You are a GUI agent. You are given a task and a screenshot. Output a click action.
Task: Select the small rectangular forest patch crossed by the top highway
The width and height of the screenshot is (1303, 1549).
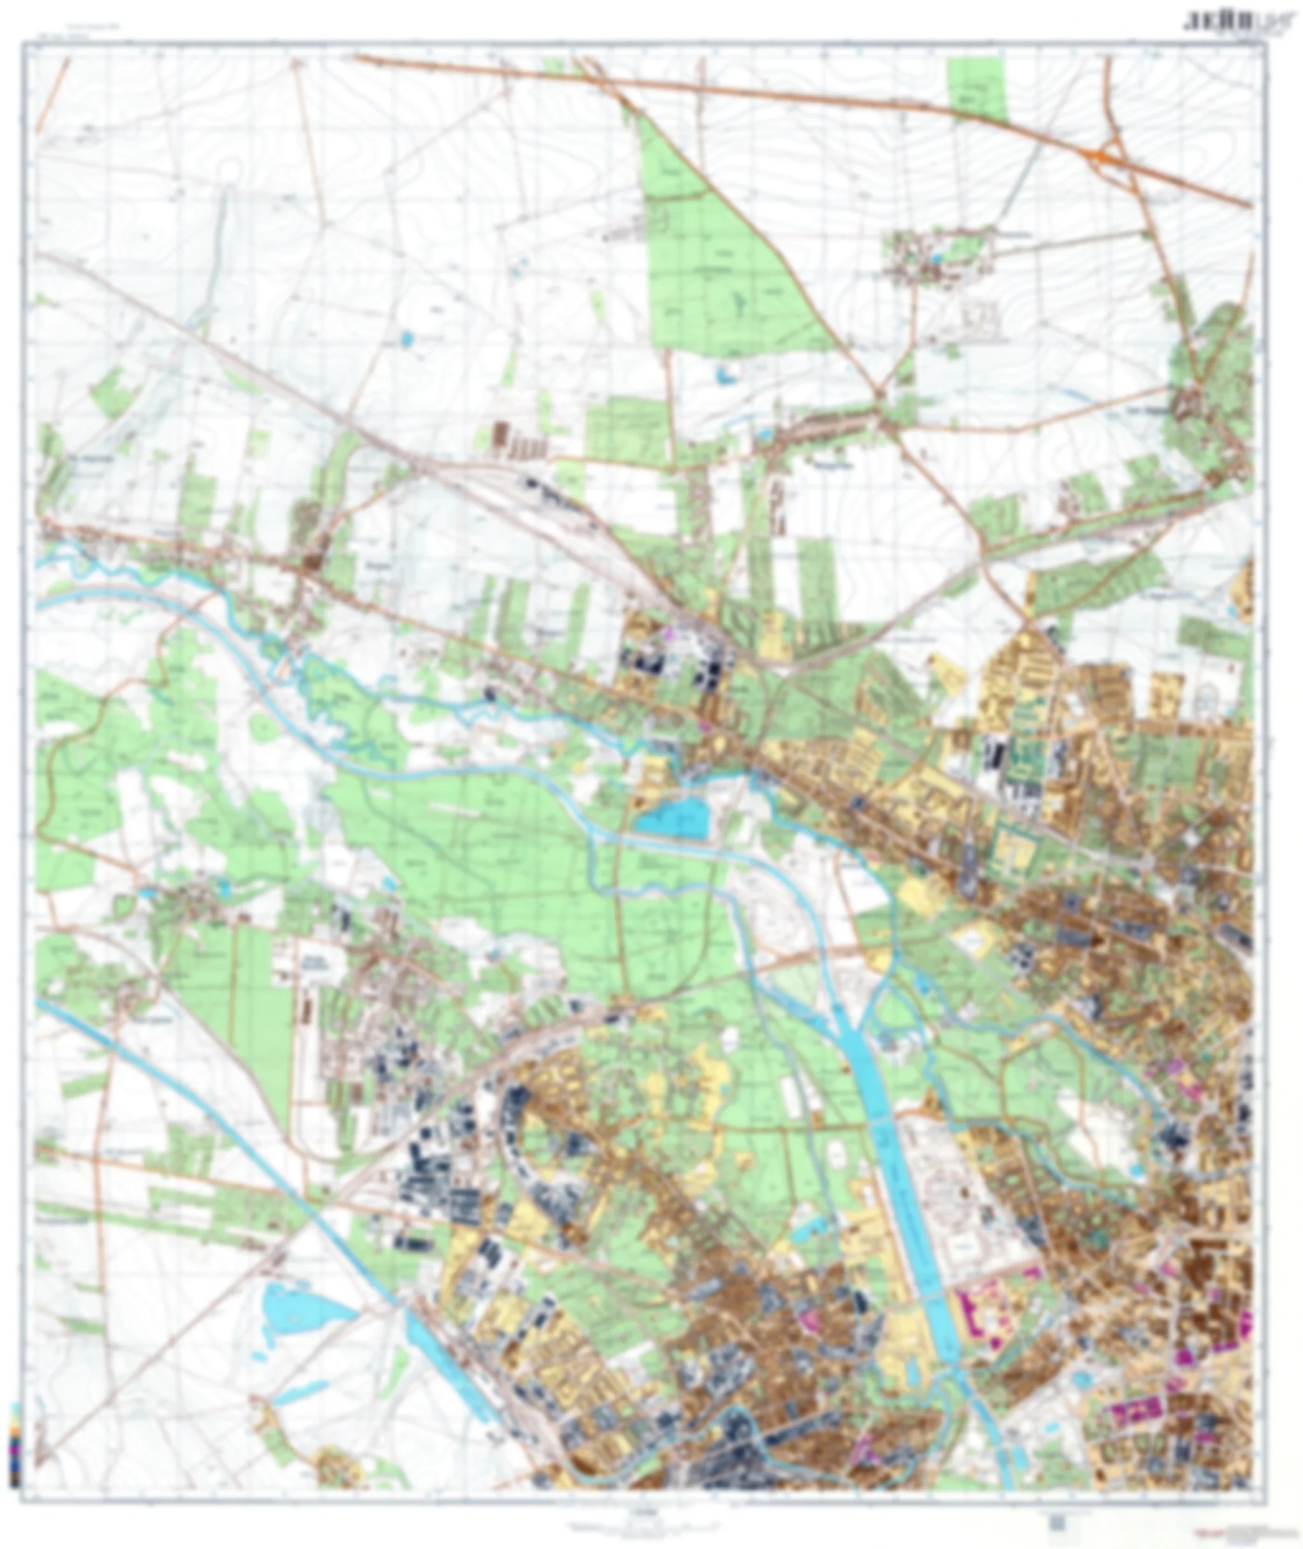click(977, 88)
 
